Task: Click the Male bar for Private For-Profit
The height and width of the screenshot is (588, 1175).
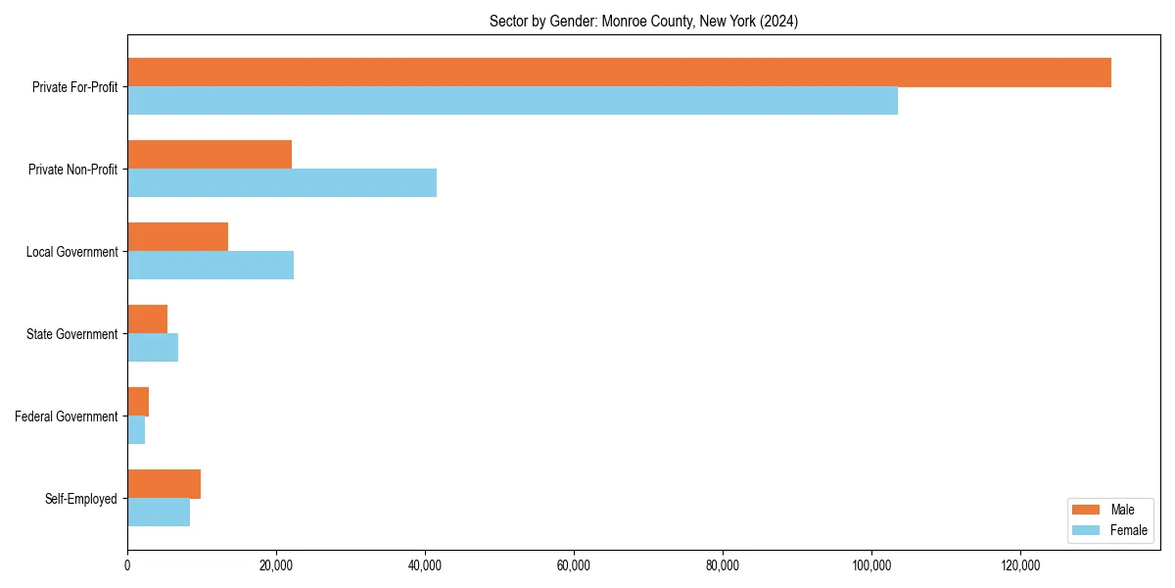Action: pyautogui.click(x=619, y=73)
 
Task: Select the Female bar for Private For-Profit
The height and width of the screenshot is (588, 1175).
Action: pyautogui.click(x=512, y=101)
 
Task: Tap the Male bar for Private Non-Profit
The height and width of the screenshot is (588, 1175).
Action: pyautogui.click(x=210, y=155)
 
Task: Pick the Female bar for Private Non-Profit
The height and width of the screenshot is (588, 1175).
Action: pyautogui.click(x=282, y=183)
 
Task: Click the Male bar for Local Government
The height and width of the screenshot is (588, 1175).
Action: pyautogui.click(x=177, y=237)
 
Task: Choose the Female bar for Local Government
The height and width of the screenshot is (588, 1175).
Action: pyautogui.click(x=211, y=266)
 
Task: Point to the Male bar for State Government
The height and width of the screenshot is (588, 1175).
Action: pyautogui.click(x=147, y=319)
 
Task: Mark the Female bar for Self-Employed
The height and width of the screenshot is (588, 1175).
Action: pyautogui.click(x=159, y=513)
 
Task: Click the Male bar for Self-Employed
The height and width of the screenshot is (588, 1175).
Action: pyautogui.click(x=164, y=484)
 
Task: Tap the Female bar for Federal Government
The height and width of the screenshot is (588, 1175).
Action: pyautogui.click(x=136, y=430)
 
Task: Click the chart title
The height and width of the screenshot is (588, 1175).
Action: pyautogui.click(x=643, y=22)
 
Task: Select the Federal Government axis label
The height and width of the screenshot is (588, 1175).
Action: pyautogui.click(x=67, y=416)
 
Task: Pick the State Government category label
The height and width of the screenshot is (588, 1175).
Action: pyautogui.click(x=71, y=334)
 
